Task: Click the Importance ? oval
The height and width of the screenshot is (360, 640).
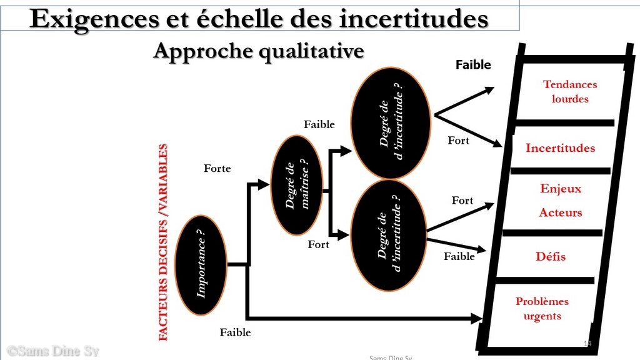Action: pos(201,265)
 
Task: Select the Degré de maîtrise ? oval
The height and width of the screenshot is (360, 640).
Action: pos(297,185)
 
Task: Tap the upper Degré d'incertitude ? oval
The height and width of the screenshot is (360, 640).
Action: pos(391,123)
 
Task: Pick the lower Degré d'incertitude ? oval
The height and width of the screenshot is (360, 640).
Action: pos(389,236)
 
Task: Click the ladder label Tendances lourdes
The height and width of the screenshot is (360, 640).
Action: pos(570,91)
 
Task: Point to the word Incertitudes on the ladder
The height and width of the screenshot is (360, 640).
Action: pos(560,147)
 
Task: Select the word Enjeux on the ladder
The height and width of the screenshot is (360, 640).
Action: pos(561,189)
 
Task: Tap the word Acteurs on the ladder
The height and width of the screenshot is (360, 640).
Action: pos(561,212)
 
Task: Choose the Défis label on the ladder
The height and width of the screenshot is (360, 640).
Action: pos(551,256)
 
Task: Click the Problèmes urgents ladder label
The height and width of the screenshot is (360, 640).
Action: pos(542,309)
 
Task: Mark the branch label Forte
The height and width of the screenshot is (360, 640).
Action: pos(217,168)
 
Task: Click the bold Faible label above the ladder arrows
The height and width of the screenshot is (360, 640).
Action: pos(473,64)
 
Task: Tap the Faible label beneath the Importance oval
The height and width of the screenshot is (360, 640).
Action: pos(235,332)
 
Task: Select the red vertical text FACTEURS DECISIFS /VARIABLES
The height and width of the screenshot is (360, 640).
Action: pos(163,242)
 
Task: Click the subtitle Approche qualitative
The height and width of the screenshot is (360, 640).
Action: pos(259,52)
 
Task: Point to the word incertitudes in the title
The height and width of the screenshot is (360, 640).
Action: pos(414,18)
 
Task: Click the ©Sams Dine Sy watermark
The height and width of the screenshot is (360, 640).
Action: pos(53,351)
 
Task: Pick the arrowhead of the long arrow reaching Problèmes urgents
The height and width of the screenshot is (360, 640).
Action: pos(477,318)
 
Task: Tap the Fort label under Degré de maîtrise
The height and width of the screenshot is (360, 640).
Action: pos(318,244)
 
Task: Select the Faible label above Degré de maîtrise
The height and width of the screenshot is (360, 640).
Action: pos(319,124)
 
